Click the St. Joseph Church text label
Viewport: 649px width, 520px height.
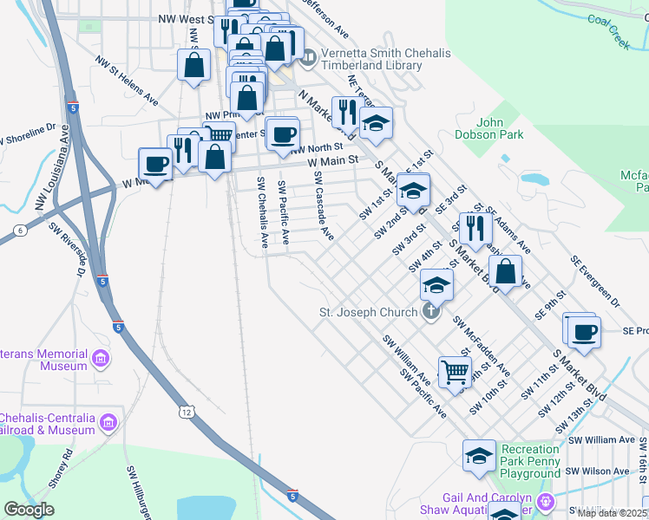[370, 312]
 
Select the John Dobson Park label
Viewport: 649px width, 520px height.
[488, 128]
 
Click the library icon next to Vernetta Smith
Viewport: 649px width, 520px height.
[308, 59]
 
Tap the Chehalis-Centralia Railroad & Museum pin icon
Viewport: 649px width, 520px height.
[108, 423]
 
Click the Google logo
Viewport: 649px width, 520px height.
[29, 510]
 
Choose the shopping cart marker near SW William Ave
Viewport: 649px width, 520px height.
[454, 372]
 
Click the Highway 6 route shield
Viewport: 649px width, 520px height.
[19, 230]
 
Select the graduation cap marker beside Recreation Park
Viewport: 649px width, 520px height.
[479, 456]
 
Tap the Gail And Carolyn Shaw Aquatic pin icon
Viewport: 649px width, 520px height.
[546, 501]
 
